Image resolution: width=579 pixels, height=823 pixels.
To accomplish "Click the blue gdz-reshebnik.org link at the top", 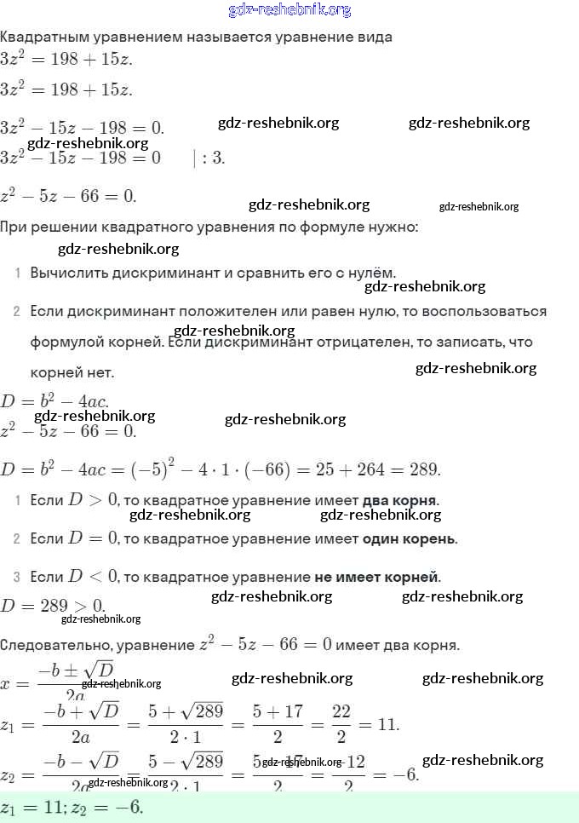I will pyautogui.click(x=289, y=10).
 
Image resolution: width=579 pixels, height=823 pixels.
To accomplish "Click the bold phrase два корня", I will pyautogui.click(x=400, y=499).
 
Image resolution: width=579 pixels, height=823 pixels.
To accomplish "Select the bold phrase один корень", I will pyautogui.click(x=409, y=538).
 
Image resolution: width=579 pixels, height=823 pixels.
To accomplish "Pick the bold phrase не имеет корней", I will pyautogui.click(x=377, y=578).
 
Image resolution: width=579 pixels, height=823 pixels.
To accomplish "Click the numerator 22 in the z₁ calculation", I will pyautogui.click(x=341, y=711).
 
